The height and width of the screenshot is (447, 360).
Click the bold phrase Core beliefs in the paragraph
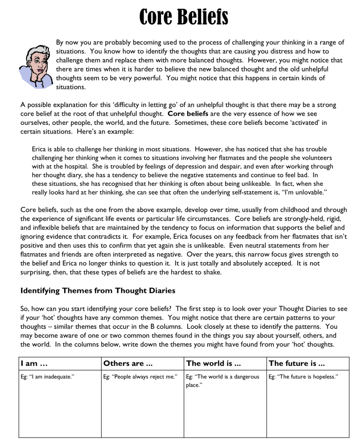point(188,114)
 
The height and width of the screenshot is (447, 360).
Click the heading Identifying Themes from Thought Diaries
point(98,290)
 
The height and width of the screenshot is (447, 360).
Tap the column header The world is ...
point(209,364)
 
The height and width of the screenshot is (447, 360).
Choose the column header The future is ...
point(296,364)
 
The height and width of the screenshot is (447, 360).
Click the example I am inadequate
point(48,377)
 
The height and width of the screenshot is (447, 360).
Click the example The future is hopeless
point(303,377)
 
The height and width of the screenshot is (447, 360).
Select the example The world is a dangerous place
point(222,381)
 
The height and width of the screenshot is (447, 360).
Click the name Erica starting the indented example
point(39,149)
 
